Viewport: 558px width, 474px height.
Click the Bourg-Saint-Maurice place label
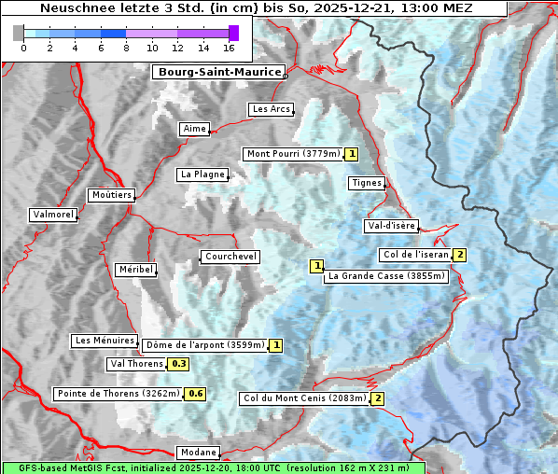coord(218,72)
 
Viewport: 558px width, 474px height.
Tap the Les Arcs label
coord(272,109)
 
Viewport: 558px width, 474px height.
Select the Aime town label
coord(195,129)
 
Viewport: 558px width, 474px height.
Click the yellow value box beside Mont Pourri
coord(351,154)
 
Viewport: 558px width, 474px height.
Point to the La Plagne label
coord(202,174)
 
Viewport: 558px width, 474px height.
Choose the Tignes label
coord(367,183)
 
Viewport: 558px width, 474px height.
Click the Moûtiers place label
coord(111,195)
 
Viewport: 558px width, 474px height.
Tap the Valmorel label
coord(53,215)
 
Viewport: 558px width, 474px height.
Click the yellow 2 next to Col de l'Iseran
coord(459,255)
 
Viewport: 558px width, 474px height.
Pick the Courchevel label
coord(230,257)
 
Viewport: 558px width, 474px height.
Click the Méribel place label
coord(135,270)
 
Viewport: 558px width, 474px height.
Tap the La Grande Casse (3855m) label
coord(386,276)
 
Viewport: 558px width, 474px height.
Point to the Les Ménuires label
coord(105,341)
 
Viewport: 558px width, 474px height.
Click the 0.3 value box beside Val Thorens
coord(178,364)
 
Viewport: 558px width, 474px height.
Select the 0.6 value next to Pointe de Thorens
coord(195,394)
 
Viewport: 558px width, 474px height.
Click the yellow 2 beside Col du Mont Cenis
coord(377,398)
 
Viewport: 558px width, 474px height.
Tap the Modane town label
coord(197,452)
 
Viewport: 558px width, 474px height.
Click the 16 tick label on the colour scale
coord(229,48)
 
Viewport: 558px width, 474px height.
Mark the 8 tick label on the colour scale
coord(126,48)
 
